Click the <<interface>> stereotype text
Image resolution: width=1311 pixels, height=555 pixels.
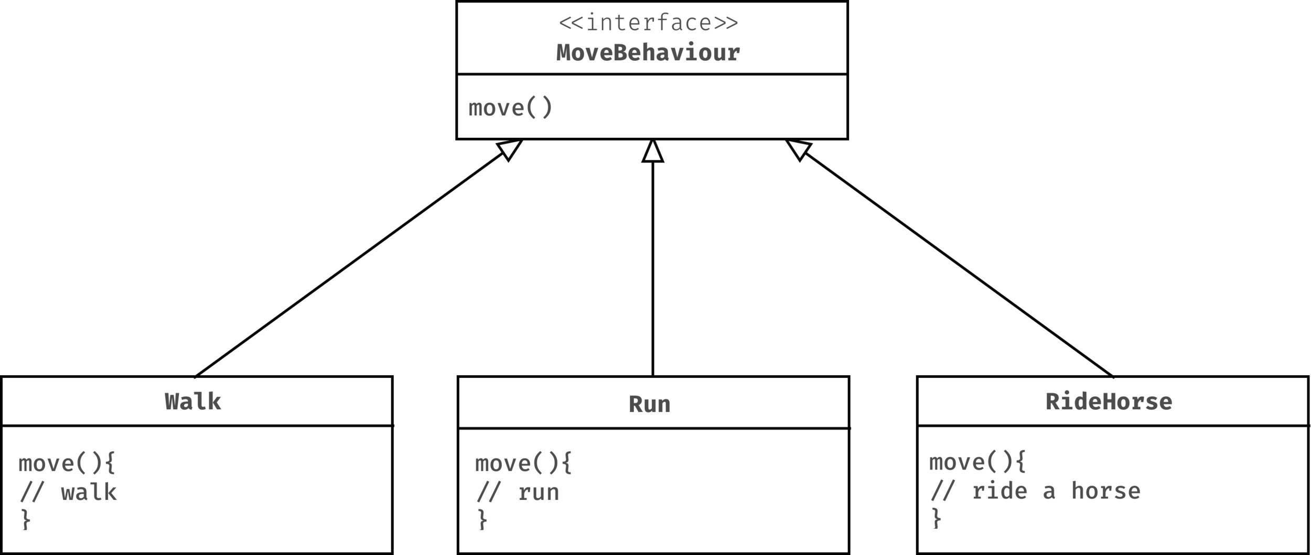[x=648, y=23]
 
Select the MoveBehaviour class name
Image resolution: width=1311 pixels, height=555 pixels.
[x=648, y=53]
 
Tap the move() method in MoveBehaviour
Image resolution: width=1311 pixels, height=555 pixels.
[x=510, y=108]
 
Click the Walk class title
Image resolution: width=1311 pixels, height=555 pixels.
[x=193, y=402]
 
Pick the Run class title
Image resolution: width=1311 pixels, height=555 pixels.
[x=649, y=405]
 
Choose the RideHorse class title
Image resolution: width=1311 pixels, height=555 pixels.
[x=1109, y=402]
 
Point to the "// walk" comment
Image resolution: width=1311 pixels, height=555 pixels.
[x=68, y=493]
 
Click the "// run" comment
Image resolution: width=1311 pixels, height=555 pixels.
[x=518, y=493]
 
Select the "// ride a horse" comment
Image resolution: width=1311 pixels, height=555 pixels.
[x=1035, y=491]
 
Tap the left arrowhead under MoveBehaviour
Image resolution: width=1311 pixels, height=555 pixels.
[x=509, y=149]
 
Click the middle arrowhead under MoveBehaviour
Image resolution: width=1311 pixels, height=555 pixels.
[x=652, y=151]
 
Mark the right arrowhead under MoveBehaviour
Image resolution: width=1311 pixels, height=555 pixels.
[x=799, y=149]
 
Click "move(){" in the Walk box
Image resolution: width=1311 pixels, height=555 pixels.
[x=67, y=463]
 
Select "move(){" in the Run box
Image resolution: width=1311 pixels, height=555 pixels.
[x=523, y=463]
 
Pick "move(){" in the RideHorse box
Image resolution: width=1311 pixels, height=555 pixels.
[x=977, y=462]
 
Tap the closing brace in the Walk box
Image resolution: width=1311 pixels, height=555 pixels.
[x=26, y=520]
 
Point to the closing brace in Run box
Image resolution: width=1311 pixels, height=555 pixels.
[x=482, y=520]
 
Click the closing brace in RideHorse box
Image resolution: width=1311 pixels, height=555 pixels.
[x=937, y=519]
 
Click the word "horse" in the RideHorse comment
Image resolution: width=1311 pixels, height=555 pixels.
[x=1105, y=491]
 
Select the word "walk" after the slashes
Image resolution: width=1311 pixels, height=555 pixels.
[x=89, y=493]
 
